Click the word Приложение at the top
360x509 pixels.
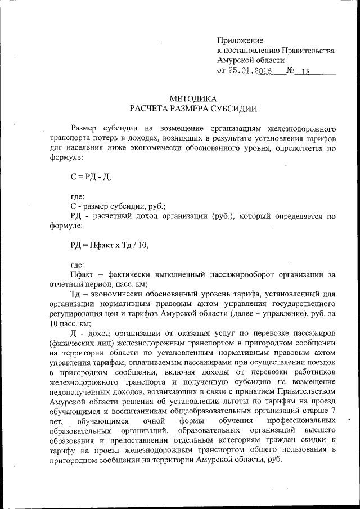click(x=240, y=40)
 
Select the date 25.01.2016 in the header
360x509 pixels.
click(x=250, y=71)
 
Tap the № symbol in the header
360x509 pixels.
click(x=291, y=71)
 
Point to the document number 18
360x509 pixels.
click(x=306, y=71)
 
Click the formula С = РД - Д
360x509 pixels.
click(x=91, y=177)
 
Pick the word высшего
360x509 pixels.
click(x=321, y=430)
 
